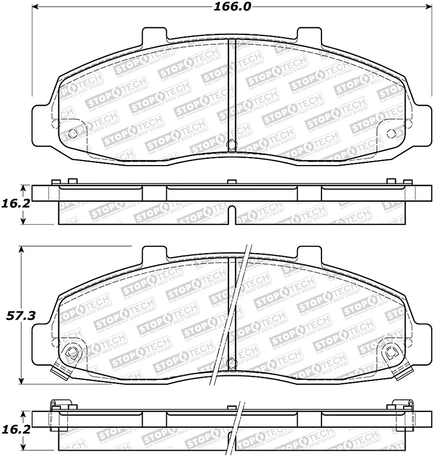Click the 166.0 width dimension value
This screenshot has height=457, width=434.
click(x=232, y=7)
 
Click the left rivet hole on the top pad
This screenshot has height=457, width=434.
click(x=72, y=134)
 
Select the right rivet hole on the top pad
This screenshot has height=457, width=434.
click(x=391, y=134)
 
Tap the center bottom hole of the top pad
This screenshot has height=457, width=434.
click(x=231, y=145)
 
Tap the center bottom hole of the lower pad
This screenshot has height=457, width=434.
click(x=231, y=362)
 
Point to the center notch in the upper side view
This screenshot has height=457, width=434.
click(x=231, y=217)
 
